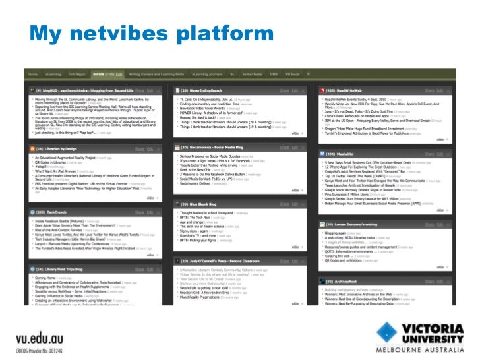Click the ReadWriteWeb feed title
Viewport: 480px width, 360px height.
coord(351,90)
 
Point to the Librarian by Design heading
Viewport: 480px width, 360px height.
coord(65,150)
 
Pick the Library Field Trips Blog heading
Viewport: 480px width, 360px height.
coord(70,269)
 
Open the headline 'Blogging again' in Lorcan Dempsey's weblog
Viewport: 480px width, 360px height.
coord(336,233)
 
